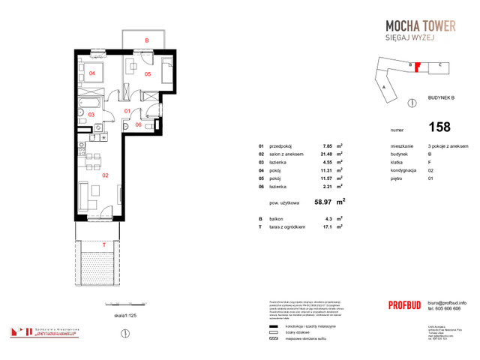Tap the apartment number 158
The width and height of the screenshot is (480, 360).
pos(440,128)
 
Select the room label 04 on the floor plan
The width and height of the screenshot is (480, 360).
pos(92,73)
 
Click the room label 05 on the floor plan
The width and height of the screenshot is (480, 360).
pos(148,74)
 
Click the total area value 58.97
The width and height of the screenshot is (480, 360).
pos(325,202)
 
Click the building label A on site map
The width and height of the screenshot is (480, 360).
pos(384,87)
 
